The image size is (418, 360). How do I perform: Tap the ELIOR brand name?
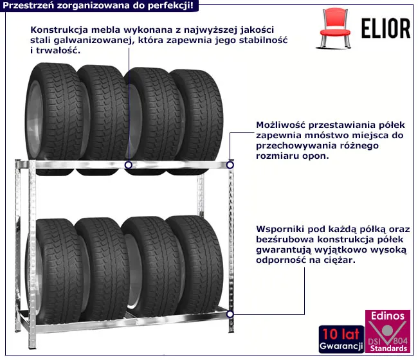381,28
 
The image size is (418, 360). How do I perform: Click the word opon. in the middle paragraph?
314,156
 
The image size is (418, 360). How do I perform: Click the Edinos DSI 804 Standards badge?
387,331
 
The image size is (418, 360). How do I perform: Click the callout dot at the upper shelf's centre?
129,165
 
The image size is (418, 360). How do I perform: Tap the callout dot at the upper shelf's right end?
230,165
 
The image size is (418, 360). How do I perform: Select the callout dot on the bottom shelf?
230,314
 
